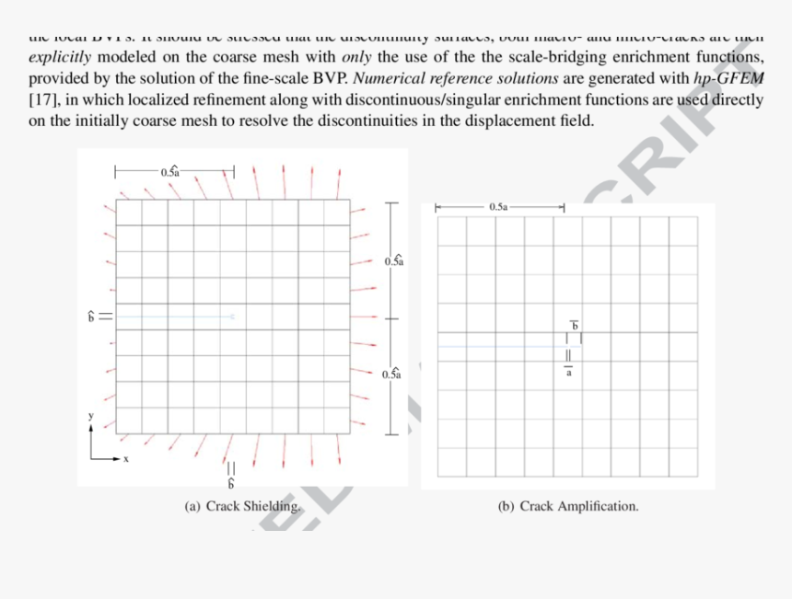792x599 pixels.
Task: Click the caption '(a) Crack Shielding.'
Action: pos(242,506)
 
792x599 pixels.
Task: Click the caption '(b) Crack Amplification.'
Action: pos(567,506)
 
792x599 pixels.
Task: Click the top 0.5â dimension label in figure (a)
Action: pos(171,171)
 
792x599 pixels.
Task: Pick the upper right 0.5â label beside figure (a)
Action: pos(393,260)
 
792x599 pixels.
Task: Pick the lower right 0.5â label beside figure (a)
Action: pos(390,374)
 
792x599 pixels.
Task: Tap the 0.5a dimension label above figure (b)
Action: pos(498,208)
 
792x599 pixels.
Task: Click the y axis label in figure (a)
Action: pos(91,416)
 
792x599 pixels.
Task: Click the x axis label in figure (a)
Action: pos(126,457)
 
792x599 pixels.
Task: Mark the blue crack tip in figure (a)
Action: pos(233,317)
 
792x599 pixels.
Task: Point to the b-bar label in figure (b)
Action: pos(575,325)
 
